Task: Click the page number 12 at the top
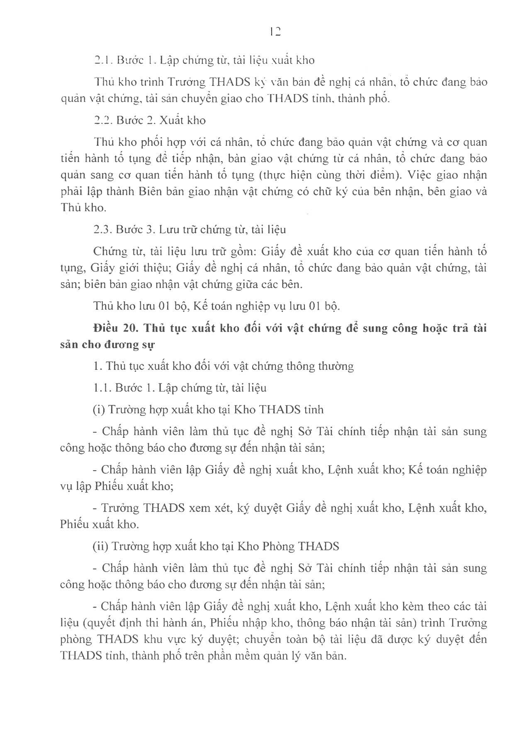coord(275,32)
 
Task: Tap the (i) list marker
coord(98,410)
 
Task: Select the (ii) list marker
coord(100,546)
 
